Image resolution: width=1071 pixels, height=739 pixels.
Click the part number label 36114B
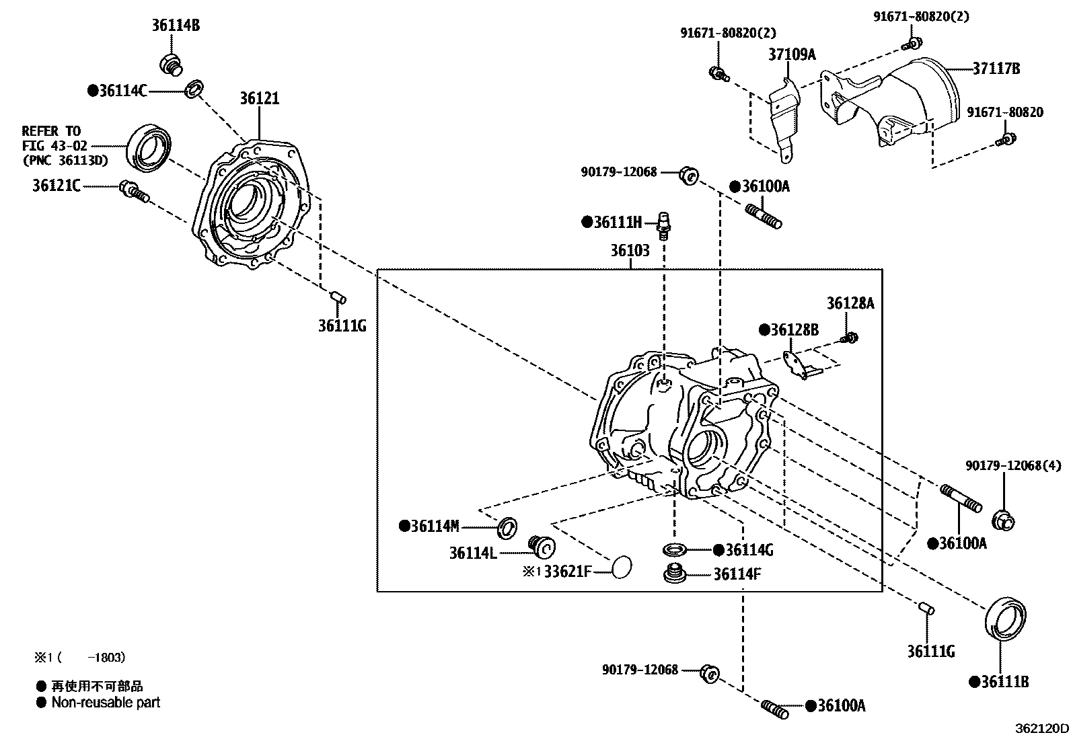click(x=176, y=26)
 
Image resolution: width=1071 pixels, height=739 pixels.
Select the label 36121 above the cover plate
click(x=259, y=99)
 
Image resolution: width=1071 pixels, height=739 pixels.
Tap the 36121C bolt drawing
click(x=133, y=191)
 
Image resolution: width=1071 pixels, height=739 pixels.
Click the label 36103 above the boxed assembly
click(x=630, y=251)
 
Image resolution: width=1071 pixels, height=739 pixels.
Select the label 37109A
click(x=792, y=54)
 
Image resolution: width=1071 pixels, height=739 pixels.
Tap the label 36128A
click(x=850, y=304)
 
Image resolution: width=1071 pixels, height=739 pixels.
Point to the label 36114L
click(x=473, y=553)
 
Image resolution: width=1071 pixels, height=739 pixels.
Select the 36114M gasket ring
click(x=507, y=528)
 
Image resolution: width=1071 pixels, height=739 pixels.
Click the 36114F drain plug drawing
click(x=674, y=575)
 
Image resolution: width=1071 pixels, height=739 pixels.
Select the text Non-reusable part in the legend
click(x=106, y=703)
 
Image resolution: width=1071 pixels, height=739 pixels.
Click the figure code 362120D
click(x=1041, y=728)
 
